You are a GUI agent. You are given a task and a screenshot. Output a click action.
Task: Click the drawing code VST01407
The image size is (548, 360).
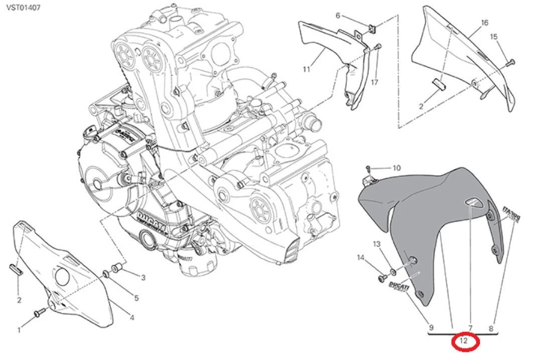click(24, 8)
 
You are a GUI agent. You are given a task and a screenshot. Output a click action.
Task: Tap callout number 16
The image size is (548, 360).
click(484, 23)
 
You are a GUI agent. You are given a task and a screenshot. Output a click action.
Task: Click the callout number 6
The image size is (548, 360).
click(337, 16)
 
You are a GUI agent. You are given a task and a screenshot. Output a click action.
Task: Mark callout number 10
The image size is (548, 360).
click(396, 168)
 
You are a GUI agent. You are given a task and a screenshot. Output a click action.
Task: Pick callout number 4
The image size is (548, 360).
click(132, 317)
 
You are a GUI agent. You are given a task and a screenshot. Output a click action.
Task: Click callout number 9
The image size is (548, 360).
click(431, 329)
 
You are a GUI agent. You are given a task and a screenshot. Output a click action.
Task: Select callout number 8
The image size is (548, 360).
click(491, 329)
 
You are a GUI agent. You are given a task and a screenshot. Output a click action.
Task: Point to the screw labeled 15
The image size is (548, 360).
click(511, 62)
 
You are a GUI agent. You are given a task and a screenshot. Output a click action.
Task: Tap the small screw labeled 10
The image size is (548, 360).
click(368, 167)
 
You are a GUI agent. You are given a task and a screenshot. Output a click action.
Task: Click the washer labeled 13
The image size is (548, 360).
click(393, 272)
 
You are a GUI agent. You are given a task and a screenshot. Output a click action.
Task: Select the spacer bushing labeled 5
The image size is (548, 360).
click(106, 274)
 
